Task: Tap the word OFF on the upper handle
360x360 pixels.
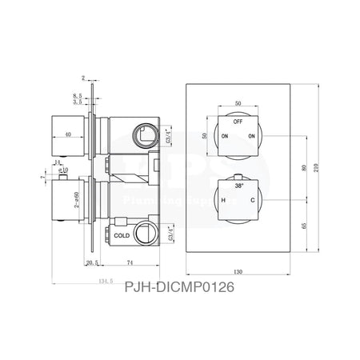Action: pos(238,122)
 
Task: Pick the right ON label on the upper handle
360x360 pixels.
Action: pos(252,136)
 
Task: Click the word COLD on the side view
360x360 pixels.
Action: pos(122,236)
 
